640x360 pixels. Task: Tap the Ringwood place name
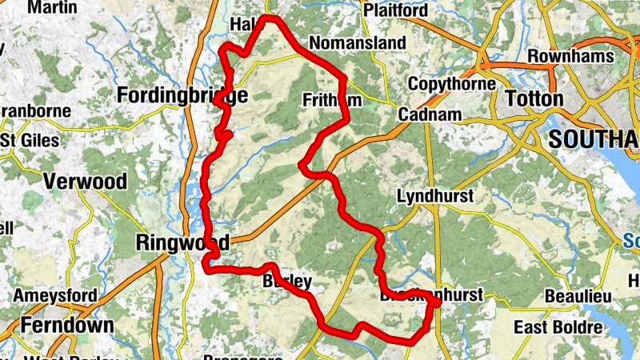point(183,242)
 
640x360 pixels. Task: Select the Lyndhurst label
point(435,196)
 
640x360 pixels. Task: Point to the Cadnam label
point(430,114)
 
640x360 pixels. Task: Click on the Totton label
point(534,98)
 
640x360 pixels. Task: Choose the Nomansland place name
point(347,42)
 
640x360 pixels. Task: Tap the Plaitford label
point(395,10)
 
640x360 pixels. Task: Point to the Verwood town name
point(86,182)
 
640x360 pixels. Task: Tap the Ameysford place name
point(56,296)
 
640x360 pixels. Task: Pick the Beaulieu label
point(578,297)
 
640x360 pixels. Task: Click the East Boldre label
point(558,327)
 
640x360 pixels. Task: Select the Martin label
point(53,7)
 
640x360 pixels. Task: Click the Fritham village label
point(331,100)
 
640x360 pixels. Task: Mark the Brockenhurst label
point(432,295)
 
